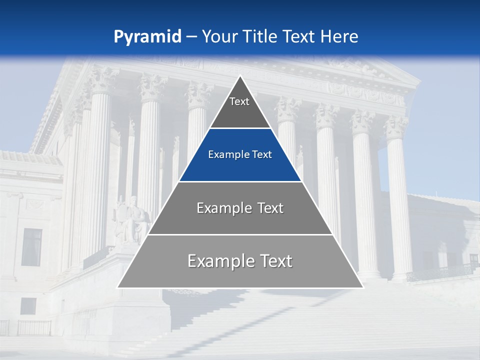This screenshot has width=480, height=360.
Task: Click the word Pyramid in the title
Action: [x=147, y=37]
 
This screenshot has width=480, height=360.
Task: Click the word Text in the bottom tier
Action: [x=272, y=261]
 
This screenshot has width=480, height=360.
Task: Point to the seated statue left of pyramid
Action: [x=132, y=220]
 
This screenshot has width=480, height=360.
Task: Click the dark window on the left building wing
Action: [x=31, y=247]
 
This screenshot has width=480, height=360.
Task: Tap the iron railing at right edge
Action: [x=440, y=272]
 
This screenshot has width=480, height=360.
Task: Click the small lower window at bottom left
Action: [x=28, y=306]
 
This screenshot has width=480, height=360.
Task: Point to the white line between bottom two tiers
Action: [x=240, y=234]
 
